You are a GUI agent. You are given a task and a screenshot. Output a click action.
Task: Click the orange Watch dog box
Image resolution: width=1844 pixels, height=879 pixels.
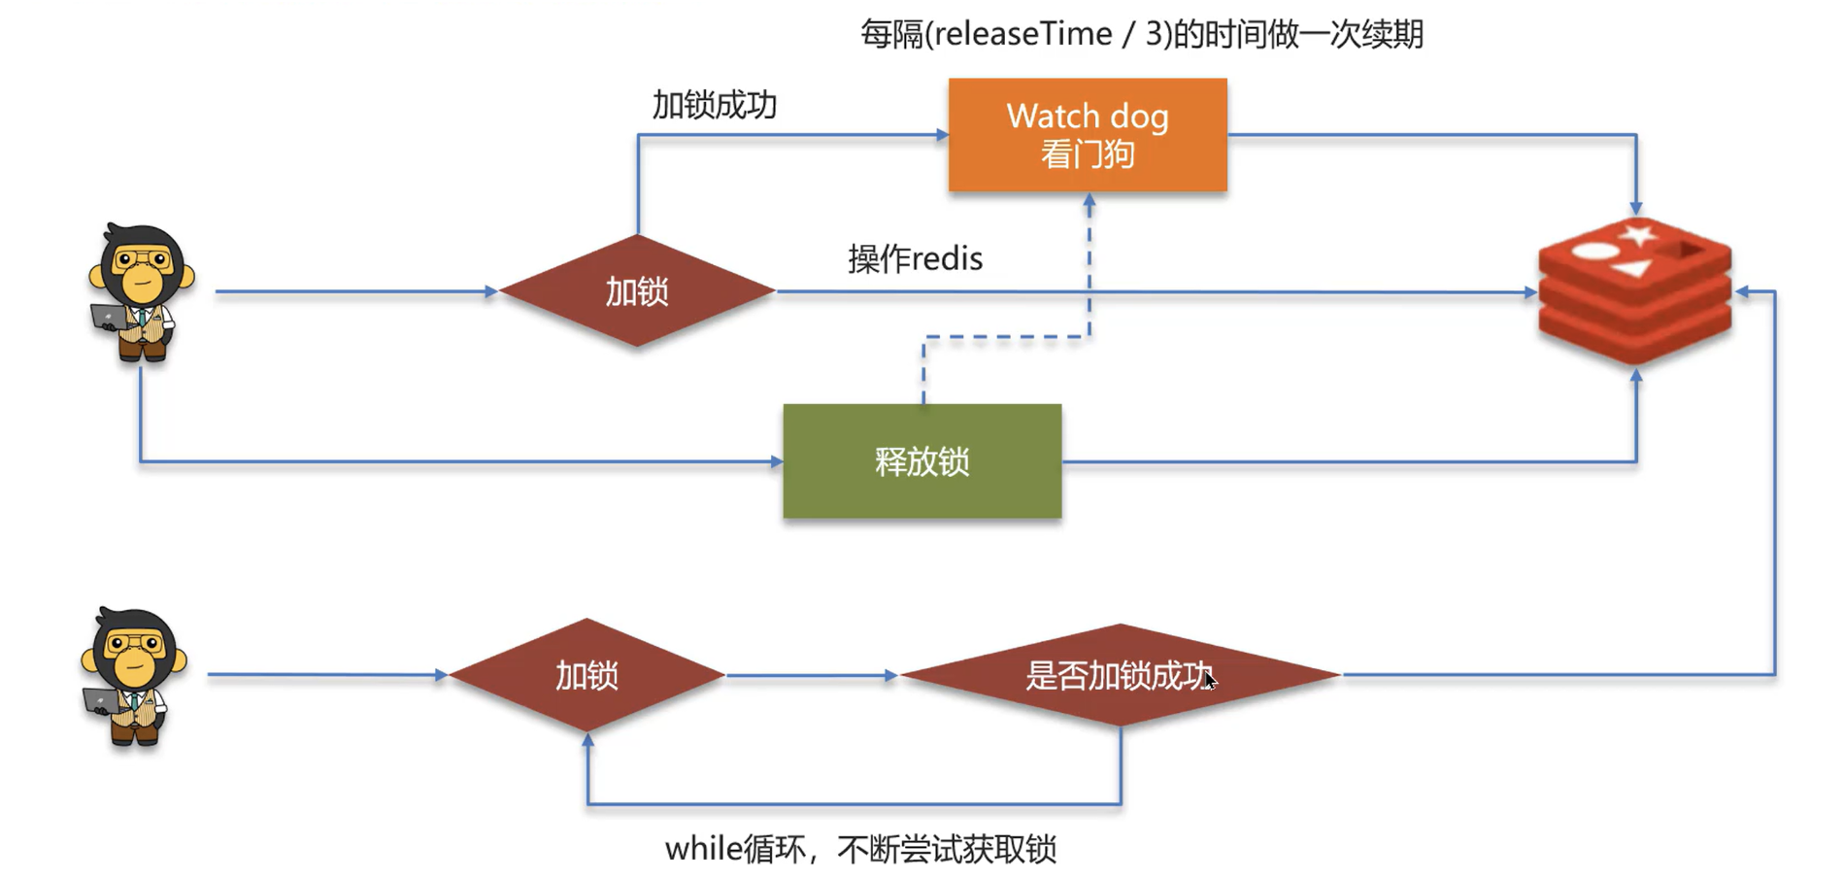tap(1087, 134)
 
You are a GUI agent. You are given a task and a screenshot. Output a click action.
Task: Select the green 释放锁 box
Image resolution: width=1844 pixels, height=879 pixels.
tap(922, 460)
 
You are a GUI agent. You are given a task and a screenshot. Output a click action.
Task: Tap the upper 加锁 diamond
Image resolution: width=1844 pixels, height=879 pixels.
tap(637, 290)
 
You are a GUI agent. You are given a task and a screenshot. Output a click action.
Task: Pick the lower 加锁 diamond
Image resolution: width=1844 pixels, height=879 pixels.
tap(587, 675)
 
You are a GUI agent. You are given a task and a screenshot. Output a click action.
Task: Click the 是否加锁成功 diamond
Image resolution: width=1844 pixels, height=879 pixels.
tap(1119, 675)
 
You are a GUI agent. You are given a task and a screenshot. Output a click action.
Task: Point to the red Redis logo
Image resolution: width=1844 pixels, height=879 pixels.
tap(1634, 291)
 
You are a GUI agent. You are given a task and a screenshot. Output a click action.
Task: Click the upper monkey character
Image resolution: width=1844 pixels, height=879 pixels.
tap(142, 291)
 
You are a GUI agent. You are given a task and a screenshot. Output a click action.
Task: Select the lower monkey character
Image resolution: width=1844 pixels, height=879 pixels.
tap(134, 675)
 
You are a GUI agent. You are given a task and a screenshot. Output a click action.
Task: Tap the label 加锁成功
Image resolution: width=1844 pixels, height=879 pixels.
tap(714, 105)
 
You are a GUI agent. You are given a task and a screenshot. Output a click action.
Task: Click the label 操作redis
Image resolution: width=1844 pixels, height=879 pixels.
tap(915, 258)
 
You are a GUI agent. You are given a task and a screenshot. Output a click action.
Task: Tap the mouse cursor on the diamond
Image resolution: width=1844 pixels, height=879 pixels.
tap(1210, 680)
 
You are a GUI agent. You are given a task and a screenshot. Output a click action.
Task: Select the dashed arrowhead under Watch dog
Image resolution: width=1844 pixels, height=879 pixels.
tap(1089, 201)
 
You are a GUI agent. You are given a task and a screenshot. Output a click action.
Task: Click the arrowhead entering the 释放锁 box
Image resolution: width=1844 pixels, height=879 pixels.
tap(776, 461)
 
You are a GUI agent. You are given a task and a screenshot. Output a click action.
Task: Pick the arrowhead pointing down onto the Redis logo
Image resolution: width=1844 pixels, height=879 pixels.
tap(1636, 208)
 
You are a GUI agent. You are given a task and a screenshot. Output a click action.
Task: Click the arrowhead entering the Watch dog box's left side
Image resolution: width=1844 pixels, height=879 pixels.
tap(941, 135)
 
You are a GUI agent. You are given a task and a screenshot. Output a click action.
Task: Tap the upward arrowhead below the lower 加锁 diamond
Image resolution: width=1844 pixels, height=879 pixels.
tap(587, 741)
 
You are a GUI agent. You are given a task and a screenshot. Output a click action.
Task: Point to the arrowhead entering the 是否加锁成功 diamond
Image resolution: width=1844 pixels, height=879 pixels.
tap(890, 675)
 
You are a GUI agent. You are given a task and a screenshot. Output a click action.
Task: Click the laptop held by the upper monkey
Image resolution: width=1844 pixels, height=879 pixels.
tap(108, 317)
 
